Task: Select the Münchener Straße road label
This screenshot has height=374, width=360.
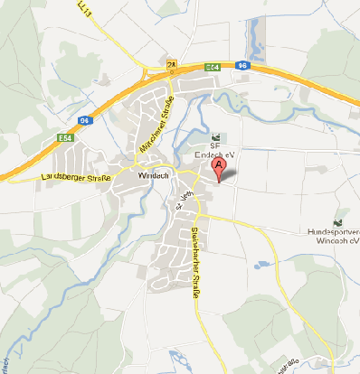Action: [154, 126]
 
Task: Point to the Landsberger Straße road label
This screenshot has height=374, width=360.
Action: [76, 180]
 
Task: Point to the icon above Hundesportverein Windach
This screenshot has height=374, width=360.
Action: [338, 221]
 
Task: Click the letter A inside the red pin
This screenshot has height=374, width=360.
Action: [219, 164]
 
